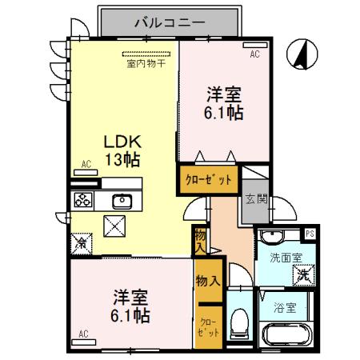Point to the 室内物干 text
(144, 62)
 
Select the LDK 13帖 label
(121, 149)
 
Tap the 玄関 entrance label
(251, 200)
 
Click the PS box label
(310, 234)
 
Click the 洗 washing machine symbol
(302, 274)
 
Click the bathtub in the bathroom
(286, 334)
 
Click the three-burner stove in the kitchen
(84, 200)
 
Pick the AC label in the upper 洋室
(254, 54)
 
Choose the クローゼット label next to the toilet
(207, 329)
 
